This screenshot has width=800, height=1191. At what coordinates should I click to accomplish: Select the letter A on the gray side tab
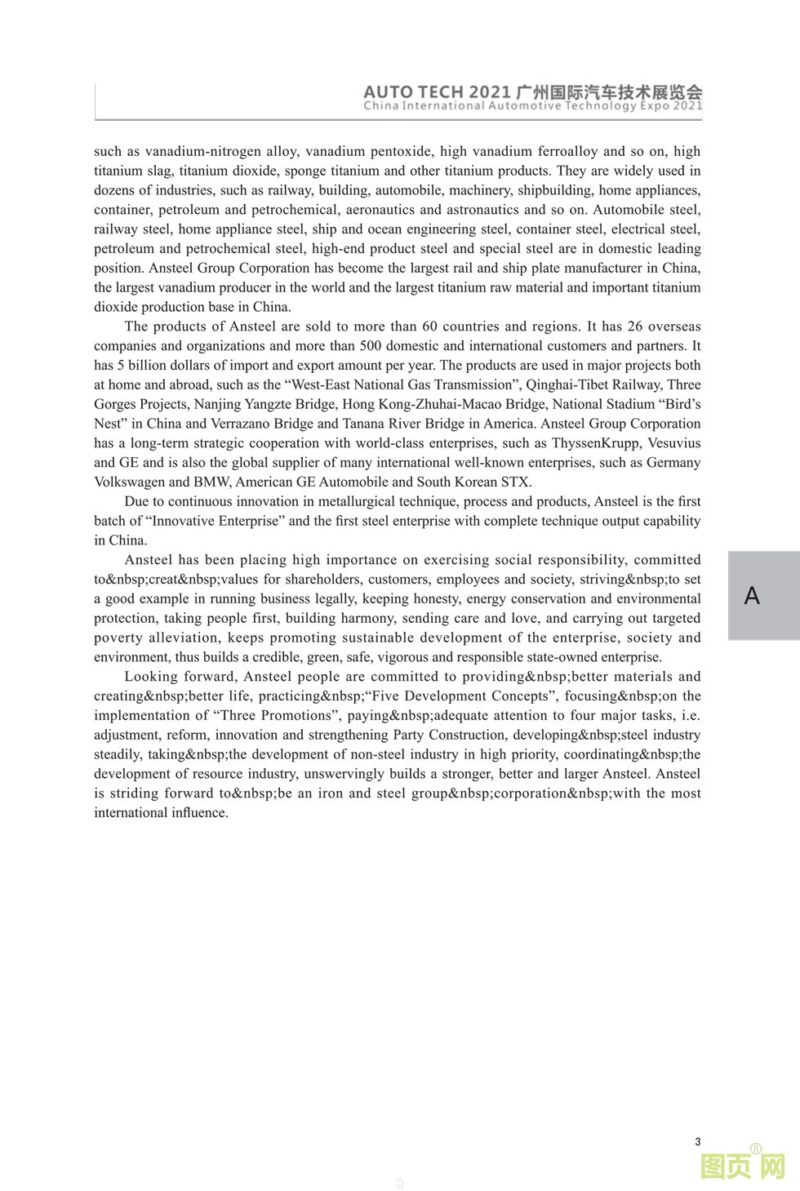[x=752, y=596]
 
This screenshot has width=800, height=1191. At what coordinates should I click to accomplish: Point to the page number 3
[x=697, y=1142]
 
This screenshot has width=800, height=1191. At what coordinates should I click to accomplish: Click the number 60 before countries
[x=430, y=327]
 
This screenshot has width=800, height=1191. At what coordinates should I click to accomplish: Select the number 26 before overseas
[x=635, y=327]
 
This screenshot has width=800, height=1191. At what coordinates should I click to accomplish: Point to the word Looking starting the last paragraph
[x=148, y=676]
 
